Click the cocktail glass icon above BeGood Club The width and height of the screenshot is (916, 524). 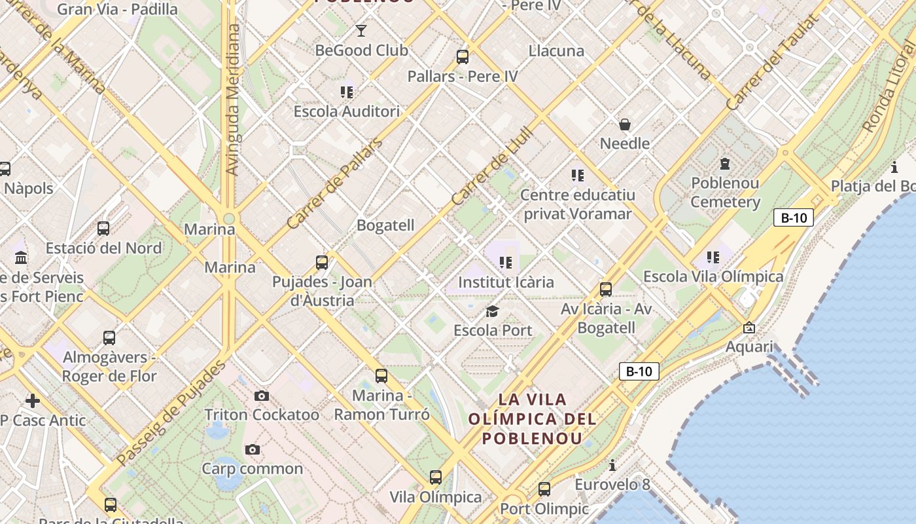coord(361,30)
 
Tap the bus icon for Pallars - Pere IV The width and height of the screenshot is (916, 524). coord(463,57)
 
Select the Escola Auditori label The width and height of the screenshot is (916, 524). coord(346,111)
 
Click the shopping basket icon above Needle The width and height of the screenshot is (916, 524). coord(625,124)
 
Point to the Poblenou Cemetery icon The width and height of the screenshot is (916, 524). coord(725,163)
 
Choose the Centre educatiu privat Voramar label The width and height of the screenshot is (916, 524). coord(577,204)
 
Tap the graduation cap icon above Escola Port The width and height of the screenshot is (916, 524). coord(493,311)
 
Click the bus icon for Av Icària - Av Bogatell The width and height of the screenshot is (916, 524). coord(606,289)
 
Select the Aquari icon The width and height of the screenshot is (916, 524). coord(749,327)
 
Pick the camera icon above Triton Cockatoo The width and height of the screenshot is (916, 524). coord(262,396)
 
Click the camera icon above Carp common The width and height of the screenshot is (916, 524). coord(253,449)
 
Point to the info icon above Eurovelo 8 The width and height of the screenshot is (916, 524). coord(612,466)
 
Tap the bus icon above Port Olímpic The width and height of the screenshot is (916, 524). coord(544,489)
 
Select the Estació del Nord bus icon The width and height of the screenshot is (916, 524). coord(103,229)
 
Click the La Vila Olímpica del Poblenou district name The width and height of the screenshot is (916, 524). coord(532,419)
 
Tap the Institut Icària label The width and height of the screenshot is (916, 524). coord(506,282)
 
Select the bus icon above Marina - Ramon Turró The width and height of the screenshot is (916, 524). coord(381,376)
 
